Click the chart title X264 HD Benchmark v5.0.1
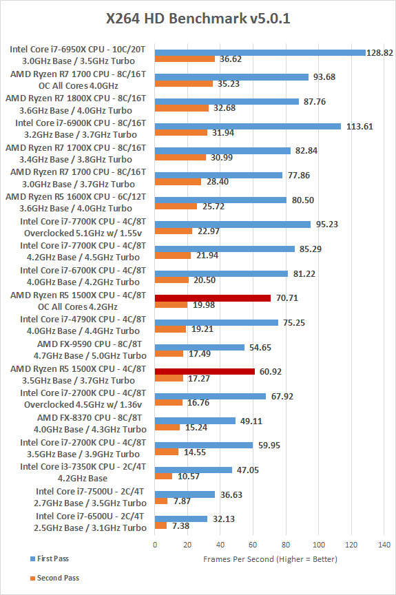tap(198, 18)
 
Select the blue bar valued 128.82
tap(260, 53)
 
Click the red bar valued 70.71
tap(213, 298)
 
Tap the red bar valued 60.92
tap(205, 372)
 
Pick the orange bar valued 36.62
tap(185, 59)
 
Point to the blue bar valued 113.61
tap(248, 126)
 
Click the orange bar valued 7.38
tap(161, 525)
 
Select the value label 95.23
tap(326, 225)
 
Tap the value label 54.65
tap(260, 347)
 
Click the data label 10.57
tap(189, 477)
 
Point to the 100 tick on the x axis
tap(319, 545)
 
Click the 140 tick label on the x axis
tap(384, 545)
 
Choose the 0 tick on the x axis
tap(155, 545)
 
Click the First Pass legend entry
tap(50, 559)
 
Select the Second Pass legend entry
tap(55, 578)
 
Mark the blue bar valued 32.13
tap(181, 519)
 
